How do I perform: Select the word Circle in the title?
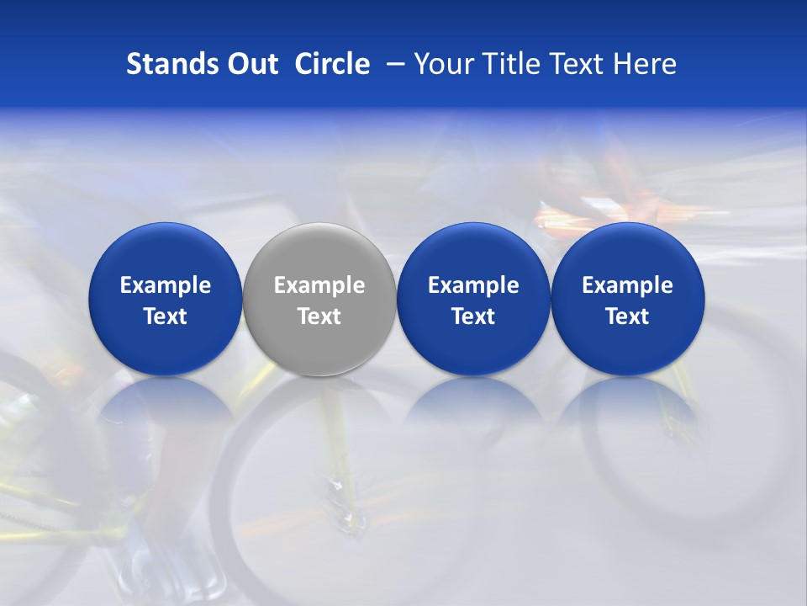point(332,64)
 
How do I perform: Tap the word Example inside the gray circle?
point(319,285)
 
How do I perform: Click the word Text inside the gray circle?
point(319,316)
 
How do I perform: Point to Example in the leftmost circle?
point(166,285)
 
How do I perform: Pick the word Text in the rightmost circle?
point(627,316)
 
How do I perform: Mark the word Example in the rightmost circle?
point(627,285)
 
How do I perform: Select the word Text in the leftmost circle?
point(166,316)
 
